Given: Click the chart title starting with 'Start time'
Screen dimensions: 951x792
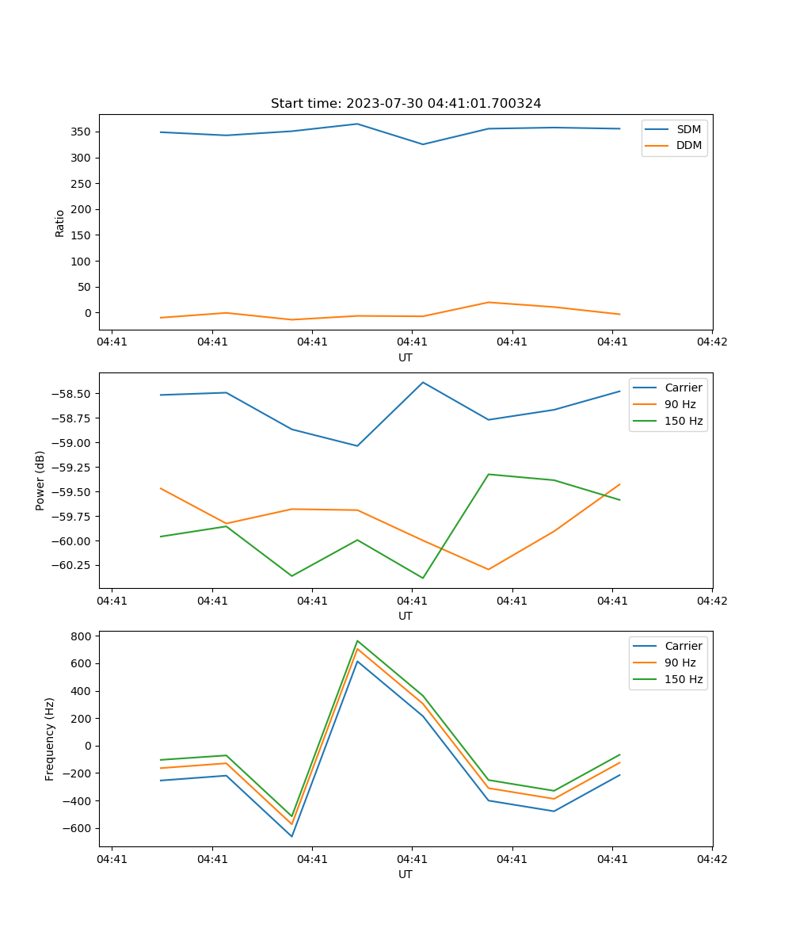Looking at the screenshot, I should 406,104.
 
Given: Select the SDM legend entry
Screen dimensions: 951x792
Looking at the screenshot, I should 688,129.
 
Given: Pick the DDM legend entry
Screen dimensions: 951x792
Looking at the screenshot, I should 688,145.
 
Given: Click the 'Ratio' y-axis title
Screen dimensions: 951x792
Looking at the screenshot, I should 60,223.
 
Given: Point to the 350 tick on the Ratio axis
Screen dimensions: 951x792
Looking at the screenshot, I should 82,132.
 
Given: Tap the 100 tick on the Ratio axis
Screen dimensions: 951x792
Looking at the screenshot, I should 82,261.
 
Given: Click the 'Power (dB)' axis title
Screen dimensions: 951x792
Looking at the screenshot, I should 40,480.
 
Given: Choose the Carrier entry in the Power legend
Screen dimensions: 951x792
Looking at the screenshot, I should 683,388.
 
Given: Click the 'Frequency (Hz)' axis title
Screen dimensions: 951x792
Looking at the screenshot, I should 50,739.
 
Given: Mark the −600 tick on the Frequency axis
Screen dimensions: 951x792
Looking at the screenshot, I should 78,828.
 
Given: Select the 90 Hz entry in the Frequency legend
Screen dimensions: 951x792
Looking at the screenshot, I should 680,663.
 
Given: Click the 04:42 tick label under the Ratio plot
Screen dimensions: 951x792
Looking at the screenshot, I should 711,342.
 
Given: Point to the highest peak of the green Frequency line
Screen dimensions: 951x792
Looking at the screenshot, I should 357,640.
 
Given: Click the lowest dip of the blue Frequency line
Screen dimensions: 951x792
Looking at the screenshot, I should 291,836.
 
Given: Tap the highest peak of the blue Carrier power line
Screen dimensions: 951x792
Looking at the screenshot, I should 423,382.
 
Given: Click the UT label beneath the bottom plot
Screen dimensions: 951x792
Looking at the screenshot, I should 406,874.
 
